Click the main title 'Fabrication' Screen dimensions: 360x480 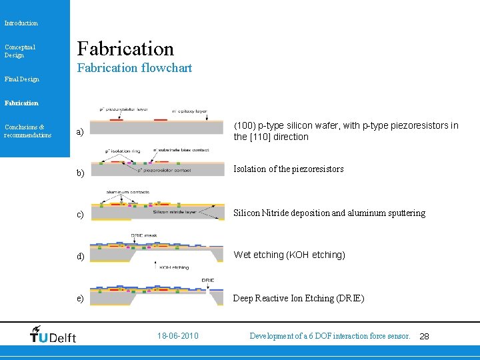[125, 48]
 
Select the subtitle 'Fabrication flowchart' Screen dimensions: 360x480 [135, 68]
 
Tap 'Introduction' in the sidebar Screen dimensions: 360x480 [21, 23]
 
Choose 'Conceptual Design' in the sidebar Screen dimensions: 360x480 [20, 51]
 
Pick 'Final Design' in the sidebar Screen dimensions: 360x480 [22, 79]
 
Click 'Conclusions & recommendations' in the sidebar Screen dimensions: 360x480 [27, 131]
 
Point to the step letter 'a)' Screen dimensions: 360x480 [80, 132]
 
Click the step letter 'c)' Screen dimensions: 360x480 [80, 215]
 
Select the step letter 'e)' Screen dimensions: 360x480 [80, 298]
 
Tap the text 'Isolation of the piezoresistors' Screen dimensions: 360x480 [289, 169]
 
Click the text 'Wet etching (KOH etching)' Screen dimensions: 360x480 [289, 255]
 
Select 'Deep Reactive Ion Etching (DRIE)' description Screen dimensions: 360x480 [299, 298]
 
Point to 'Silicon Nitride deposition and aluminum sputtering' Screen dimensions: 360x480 [329, 213]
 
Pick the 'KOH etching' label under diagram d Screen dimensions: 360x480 [175, 267]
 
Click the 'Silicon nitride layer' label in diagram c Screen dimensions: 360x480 [175, 213]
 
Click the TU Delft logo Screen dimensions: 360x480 [53, 335]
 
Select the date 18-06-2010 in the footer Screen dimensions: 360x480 [177, 336]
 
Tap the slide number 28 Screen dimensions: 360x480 [424, 337]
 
